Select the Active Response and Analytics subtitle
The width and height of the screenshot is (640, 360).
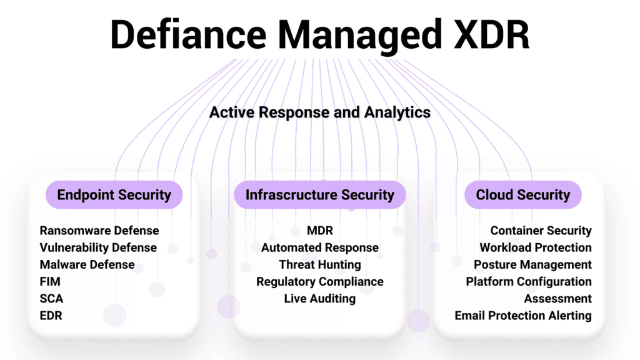(320, 112)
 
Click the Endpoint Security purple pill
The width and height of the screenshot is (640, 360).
(114, 195)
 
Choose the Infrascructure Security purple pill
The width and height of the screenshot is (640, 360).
(320, 195)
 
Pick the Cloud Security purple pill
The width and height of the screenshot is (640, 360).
(523, 195)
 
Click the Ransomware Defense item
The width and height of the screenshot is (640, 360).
(99, 231)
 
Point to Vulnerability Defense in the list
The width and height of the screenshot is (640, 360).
(98, 247)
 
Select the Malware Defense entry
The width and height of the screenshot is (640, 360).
(87, 264)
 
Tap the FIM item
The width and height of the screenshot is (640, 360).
(50, 282)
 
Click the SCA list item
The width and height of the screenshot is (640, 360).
(51, 299)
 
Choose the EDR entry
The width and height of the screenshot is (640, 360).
(51, 316)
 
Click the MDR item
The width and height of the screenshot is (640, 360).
(320, 231)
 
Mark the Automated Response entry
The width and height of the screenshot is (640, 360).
(320, 247)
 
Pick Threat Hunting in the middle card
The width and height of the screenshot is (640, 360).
(320, 264)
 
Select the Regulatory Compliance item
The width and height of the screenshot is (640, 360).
(320, 282)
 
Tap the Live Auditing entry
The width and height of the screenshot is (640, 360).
(320, 299)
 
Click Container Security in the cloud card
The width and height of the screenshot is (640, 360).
(541, 231)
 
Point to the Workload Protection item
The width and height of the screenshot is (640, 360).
(536, 247)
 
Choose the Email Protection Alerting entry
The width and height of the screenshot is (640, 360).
(523, 316)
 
